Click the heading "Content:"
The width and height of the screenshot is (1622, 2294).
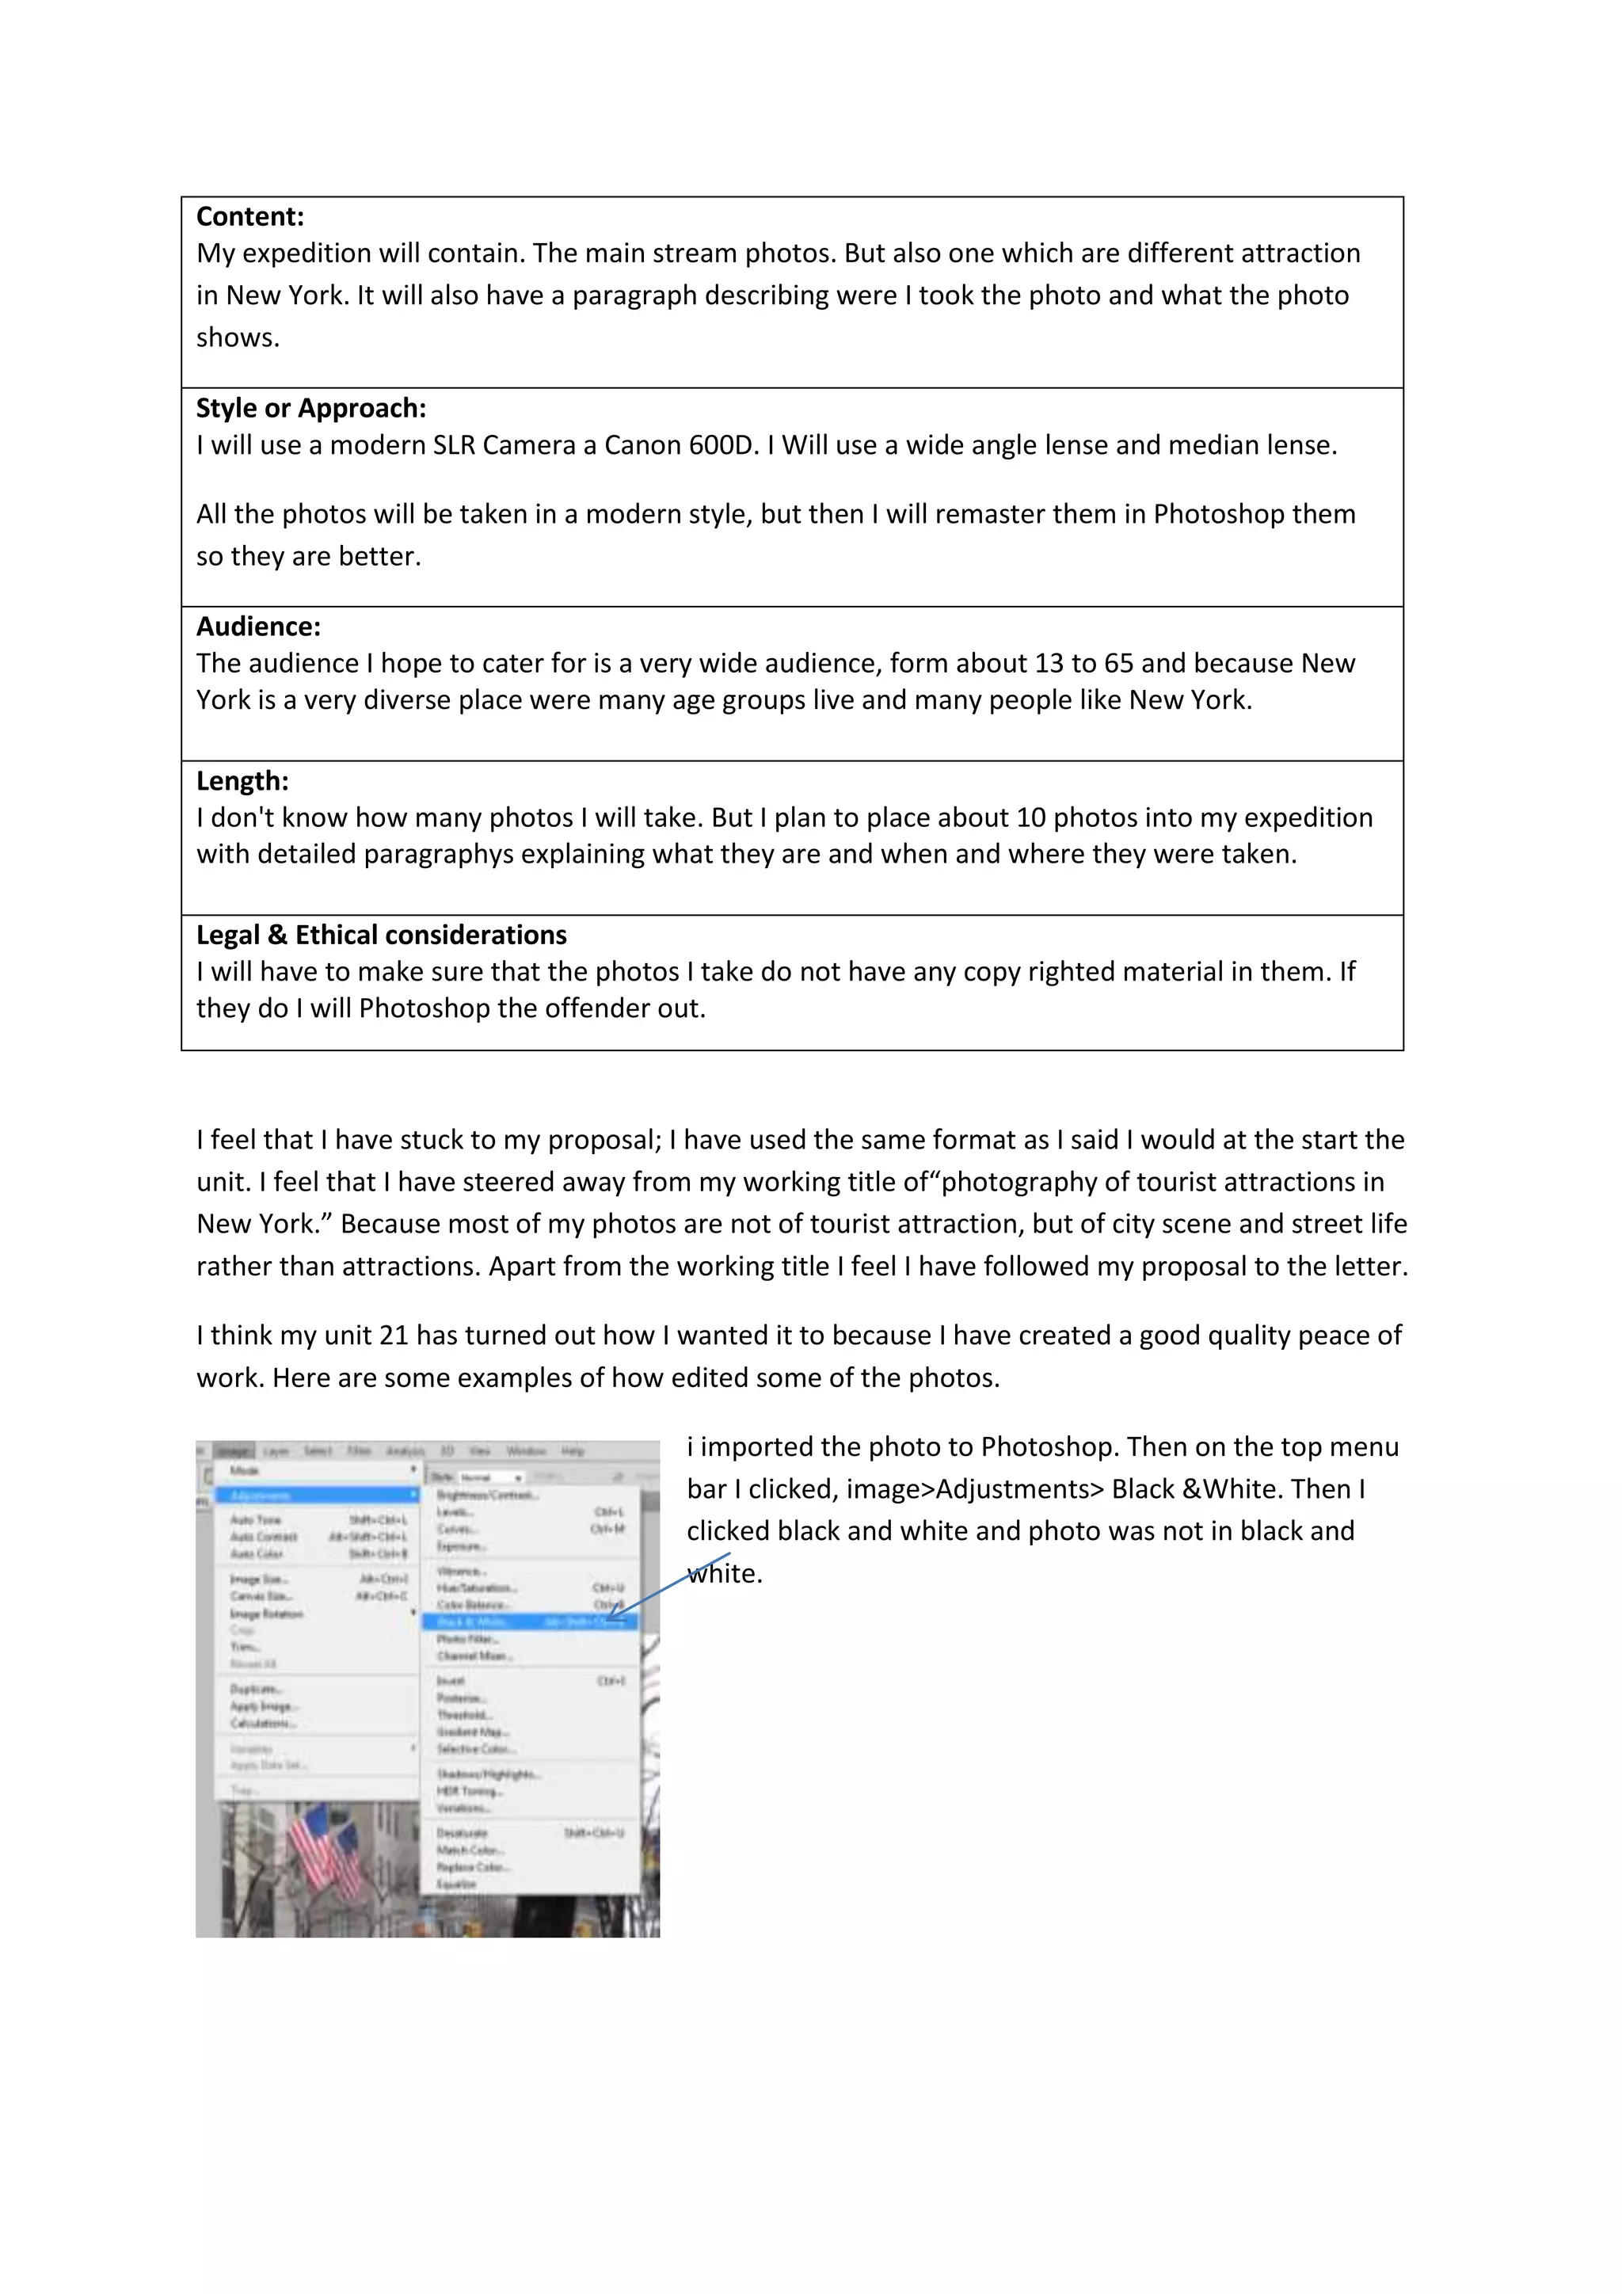point(249,217)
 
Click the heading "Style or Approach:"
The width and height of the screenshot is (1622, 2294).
point(310,409)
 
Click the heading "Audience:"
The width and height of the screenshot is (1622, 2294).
point(257,627)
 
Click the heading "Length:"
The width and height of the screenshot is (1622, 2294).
point(242,781)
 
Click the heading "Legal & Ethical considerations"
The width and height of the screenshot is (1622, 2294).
point(380,936)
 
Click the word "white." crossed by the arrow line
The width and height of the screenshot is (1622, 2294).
point(725,1575)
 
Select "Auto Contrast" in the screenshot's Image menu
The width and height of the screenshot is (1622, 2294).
point(264,1537)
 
